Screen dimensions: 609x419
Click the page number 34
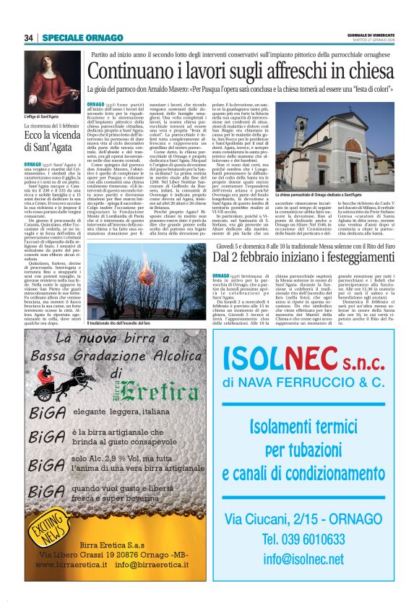29,38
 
